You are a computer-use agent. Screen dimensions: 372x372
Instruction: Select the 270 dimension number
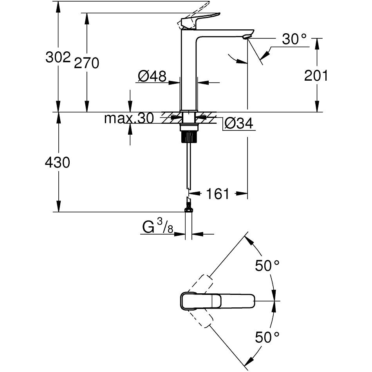tap(87, 63)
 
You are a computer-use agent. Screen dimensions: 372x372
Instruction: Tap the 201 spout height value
tap(316, 76)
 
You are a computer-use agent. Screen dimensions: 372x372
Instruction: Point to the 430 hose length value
tap(58, 162)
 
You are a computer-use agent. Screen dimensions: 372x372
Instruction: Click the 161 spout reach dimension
tap(218, 193)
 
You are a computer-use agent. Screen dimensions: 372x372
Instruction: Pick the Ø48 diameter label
tap(152, 76)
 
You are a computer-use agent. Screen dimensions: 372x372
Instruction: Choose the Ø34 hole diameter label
tap(239, 124)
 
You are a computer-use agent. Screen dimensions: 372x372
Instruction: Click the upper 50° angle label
tap(267, 266)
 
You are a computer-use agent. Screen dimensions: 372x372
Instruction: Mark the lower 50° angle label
tap(267, 337)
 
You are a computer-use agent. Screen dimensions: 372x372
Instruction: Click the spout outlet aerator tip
tap(246, 37)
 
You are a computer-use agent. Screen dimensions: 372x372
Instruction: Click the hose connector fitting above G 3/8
tap(189, 205)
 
